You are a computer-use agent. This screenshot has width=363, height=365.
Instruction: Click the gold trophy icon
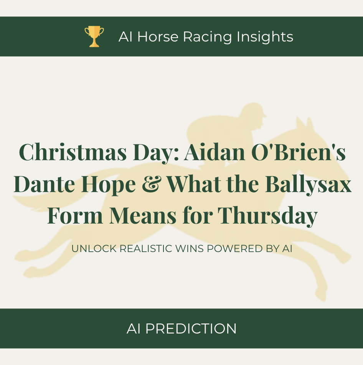click(94, 36)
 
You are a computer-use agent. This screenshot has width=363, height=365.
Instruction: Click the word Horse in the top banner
click(158, 36)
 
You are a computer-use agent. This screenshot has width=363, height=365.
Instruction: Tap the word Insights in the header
click(265, 37)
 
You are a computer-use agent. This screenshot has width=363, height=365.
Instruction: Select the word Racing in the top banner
click(208, 37)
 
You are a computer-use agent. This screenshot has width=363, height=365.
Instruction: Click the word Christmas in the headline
click(73, 152)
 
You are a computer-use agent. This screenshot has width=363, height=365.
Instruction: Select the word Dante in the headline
click(44, 184)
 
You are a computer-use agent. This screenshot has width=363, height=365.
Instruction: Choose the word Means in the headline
click(142, 216)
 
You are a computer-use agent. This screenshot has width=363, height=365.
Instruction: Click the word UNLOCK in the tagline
click(94, 249)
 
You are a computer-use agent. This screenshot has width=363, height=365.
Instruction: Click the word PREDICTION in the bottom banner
click(191, 328)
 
